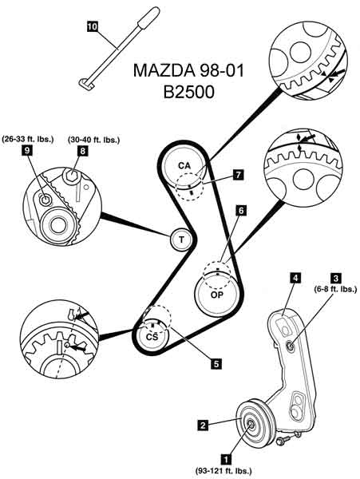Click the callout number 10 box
[92, 26]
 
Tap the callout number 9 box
[26, 151]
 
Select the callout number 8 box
[83, 151]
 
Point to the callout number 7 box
[238, 174]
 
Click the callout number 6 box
[241, 210]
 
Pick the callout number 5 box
[216, 363]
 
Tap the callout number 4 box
[295, 278]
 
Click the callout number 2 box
[203, 425]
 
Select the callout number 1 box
[226, 459]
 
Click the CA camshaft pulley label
[184, 165]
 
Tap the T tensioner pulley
[181, 239]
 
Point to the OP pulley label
[217, 295]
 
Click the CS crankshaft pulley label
[152, 337]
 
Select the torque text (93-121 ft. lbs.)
[224, 470]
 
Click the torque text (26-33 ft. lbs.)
[27, 139]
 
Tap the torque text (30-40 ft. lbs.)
[93, 140]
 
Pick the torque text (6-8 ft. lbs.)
[335, 289]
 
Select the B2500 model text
[188, 92]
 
